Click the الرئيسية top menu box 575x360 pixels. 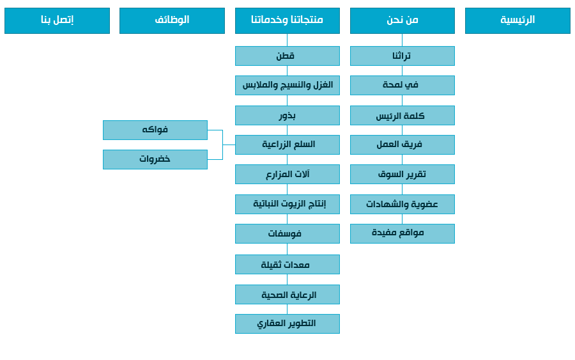(x=517, y=20)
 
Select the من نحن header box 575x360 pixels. (x=402, y=20)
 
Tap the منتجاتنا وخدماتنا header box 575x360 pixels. (x=287, y=20)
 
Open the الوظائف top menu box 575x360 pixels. (x=172, y=20)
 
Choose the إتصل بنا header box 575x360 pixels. (x=57, y=20)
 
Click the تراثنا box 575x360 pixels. (x=402, y=56)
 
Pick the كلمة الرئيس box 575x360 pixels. (x=402, y=115)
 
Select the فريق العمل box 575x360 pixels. (x=402, y=145)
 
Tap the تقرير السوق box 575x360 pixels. (x=402, y=174)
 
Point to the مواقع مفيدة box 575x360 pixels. (x=402, y=233)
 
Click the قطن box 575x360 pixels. (x=287, y=56)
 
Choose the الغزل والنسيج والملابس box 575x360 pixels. (x=287, y=85)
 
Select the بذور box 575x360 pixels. (x=287, y=115)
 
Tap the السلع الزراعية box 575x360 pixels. (x=287, y=145)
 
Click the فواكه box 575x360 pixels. (x=155, y=130)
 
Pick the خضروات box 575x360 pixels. (x=155, y=159)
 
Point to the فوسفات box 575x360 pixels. (x=287, y=233)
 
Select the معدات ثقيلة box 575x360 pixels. (x=287, y=264)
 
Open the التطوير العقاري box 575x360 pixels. (x=287, y=324)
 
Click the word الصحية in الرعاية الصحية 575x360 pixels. (x=274, y=295)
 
